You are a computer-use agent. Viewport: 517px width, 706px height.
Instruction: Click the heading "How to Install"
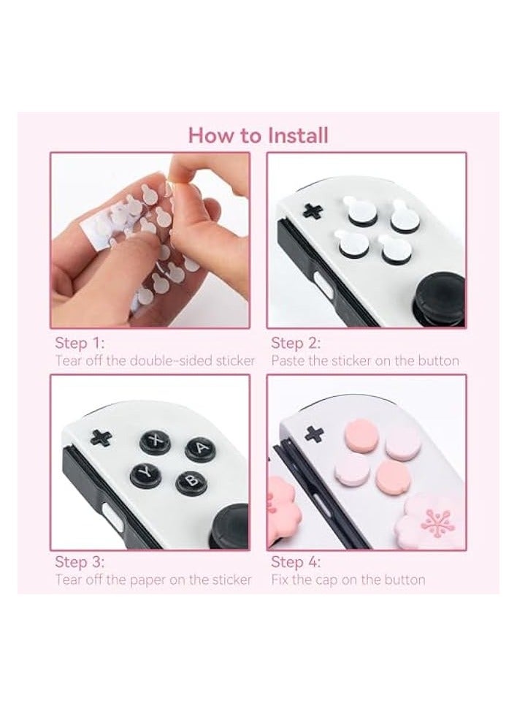258,135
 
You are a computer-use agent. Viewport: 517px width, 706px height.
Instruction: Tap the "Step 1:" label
79,343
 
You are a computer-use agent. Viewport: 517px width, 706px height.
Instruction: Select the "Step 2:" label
296,343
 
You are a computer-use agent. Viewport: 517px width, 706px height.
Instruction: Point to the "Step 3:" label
80,562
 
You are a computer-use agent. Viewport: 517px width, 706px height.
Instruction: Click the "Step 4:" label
296,562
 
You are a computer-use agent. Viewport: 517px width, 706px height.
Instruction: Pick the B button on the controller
190,482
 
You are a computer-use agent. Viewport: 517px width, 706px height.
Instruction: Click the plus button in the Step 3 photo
102,438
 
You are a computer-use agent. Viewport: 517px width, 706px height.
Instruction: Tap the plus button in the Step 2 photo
314,211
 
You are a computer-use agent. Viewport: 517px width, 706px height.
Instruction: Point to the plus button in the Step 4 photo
315,433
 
